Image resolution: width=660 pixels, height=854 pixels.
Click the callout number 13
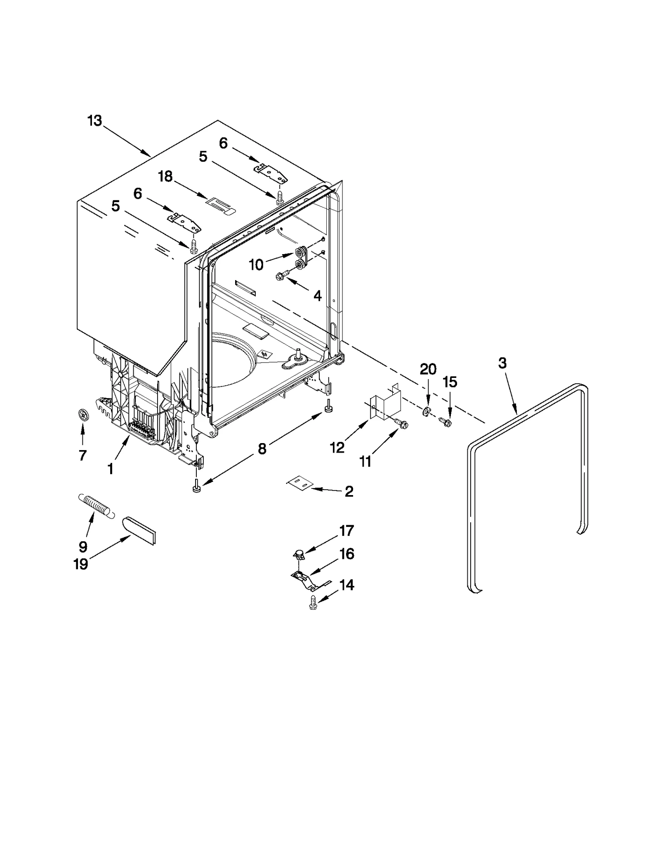click(x=94, y=121)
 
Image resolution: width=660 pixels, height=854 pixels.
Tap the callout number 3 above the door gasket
click(x=502, y=363)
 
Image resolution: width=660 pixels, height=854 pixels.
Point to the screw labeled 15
click(x=445, y=422)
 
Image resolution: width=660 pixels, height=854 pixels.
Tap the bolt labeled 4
click(x=282, y=276)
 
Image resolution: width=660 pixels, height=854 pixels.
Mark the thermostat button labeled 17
click(x=299, y=554)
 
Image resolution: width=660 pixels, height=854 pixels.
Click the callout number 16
click(x=347, y=554)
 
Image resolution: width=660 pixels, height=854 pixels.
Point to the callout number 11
click(x=365, y=462)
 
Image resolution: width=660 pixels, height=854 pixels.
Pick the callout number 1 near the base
click(x=110, y=469)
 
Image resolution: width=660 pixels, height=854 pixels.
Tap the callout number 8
click(x=262, y=448)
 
